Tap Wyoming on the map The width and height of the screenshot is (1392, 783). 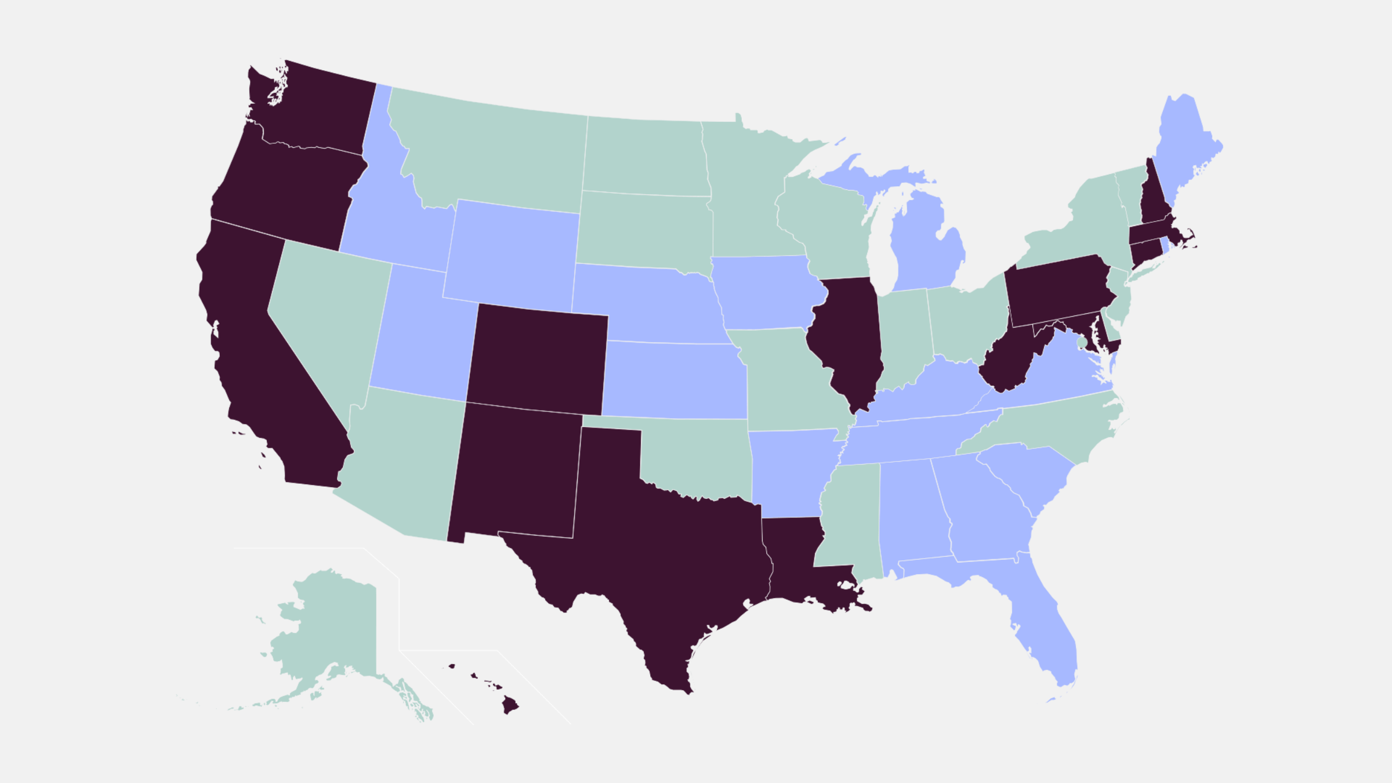(x=510, y=255)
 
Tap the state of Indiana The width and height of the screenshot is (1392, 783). (x=905, y=336)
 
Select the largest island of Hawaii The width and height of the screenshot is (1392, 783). (x=510, y=705)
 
